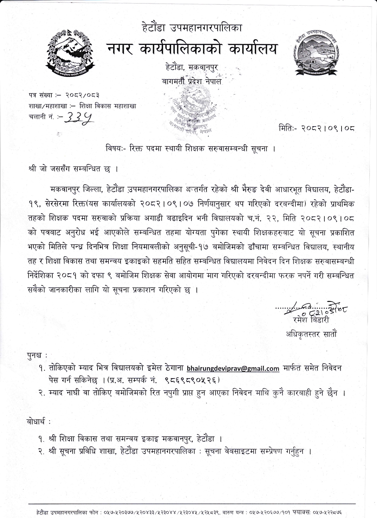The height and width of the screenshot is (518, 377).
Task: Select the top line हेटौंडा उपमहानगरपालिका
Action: coord(192,29)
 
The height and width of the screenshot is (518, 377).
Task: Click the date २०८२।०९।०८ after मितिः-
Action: coord(328,129)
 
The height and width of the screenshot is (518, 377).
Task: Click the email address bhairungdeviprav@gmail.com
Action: coord(233,368)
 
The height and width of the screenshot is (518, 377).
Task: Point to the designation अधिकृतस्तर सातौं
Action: coord(311,334)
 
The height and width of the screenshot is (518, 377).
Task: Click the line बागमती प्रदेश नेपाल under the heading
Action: coord(192,82)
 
